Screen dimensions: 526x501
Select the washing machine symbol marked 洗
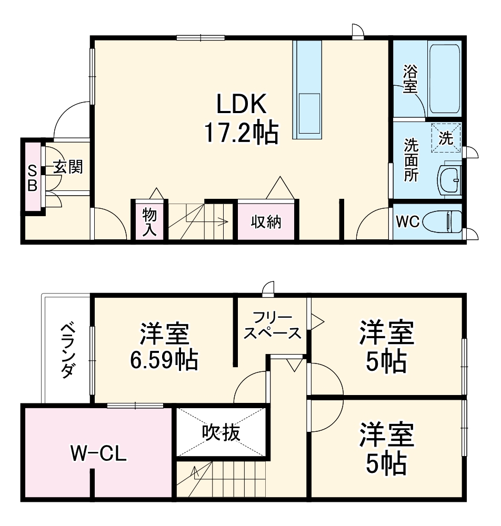pos(446,138)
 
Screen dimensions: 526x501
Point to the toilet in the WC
pos(449,221)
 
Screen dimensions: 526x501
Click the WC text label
pos(407,222)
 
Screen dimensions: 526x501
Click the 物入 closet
pos(149,221)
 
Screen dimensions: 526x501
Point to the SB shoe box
pos(32,177)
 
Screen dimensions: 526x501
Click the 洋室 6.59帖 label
pos(164,347)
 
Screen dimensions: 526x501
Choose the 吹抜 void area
pos(221,432)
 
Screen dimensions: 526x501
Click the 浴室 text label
pos(410,79)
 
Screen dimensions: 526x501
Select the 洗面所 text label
pos(410,159)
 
